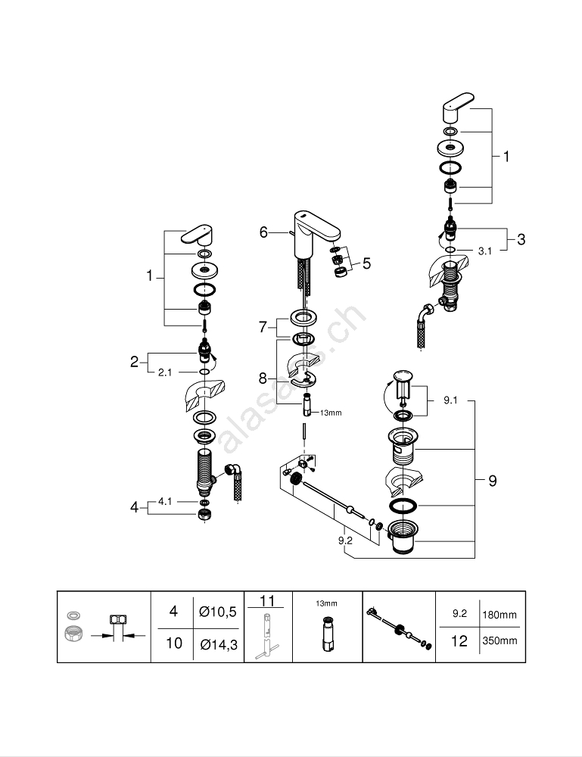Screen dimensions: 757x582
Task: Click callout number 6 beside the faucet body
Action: point(263,232)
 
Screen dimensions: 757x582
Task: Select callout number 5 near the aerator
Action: point(366,263)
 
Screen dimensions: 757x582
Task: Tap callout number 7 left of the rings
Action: point(263,327)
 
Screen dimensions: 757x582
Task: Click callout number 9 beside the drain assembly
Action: point(492,481)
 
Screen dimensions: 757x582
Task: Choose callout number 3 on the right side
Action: point(521,239)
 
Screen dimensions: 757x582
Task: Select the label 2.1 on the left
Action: point(166,372)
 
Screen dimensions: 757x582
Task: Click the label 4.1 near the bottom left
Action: point(166,501)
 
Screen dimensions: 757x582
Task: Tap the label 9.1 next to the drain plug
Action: point(451,401)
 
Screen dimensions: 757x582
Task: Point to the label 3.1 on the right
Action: point(485,251)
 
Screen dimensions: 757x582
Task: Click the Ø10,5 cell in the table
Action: point(218,612)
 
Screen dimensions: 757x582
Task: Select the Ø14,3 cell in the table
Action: point(218,643)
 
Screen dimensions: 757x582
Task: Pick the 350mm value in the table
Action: point(500,641)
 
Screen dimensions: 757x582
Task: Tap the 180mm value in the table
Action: point(500,615)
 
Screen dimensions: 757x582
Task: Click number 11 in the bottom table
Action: point(267,601)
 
